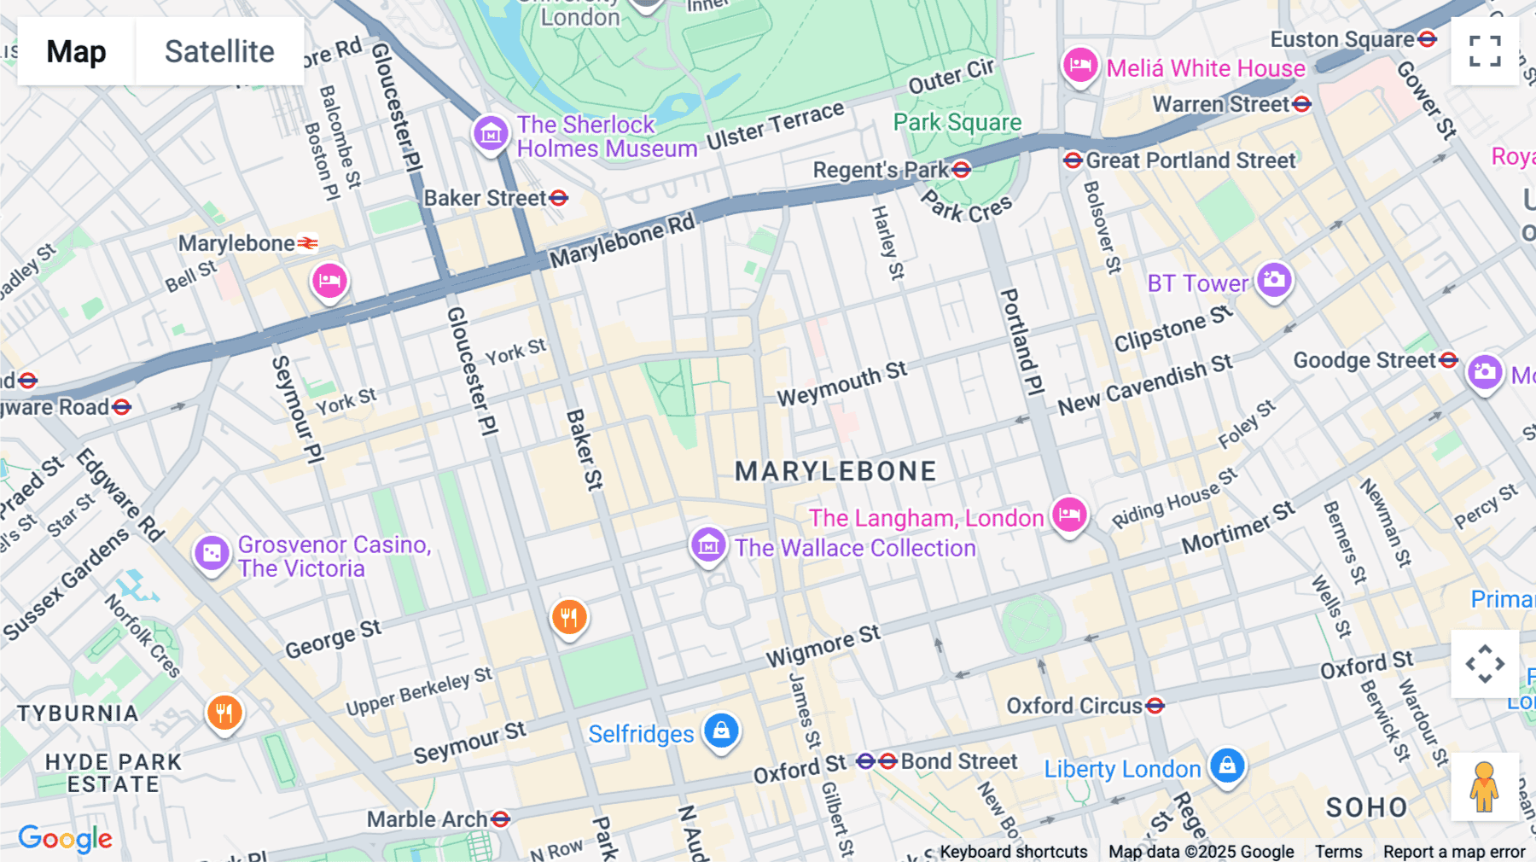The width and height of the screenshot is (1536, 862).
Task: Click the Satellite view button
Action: point(219,51)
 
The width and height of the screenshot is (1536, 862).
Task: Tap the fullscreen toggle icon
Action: point(1485,51)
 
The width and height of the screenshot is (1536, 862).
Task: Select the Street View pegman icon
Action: point(1485,787)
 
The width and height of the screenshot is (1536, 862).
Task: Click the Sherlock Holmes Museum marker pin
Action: point(491,133)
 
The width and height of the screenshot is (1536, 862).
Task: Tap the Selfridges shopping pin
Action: point(721,731)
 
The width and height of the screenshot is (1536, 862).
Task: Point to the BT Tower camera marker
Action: point(1274,280)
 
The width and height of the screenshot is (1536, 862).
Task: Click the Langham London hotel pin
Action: point(1068,515)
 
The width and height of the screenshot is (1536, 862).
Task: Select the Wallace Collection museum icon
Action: point(708,545)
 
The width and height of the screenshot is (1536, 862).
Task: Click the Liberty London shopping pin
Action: point(1227,766)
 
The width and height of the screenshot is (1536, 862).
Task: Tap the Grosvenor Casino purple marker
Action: point(212,553)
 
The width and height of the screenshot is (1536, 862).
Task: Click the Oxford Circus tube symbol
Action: point(1155,706)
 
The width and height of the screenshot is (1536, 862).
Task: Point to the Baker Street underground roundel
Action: point(559,198)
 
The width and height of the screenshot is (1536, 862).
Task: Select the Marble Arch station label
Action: point(427,819)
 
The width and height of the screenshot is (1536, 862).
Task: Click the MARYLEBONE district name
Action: point(835,471)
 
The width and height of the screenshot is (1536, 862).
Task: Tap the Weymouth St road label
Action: point(841,383)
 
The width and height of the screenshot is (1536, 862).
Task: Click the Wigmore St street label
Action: point(823,646)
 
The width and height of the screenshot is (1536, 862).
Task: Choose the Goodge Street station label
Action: point(1364,360)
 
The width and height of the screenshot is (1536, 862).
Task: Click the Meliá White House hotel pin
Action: point(1079,65)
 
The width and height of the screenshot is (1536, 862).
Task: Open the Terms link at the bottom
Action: point(1338,852)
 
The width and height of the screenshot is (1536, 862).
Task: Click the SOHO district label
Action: point(1366,807)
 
